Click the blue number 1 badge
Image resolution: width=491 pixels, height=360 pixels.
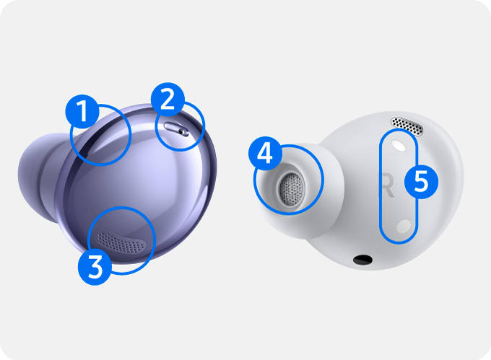(82, 111)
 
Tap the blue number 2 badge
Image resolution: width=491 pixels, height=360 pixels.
(168, 100)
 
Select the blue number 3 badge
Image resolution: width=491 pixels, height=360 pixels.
(95, 268)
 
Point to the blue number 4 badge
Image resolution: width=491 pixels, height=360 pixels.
(265, 154)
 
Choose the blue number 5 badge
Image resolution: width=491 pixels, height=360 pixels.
(421, 182)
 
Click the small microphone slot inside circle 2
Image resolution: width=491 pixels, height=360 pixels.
(177, 128)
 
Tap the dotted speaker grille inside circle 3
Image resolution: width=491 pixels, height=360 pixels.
(121, 241)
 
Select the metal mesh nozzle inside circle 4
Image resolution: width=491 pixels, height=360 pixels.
(292, 189)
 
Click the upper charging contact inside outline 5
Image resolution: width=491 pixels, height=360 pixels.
(399, 146)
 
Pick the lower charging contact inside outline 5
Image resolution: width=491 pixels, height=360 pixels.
(404, 226)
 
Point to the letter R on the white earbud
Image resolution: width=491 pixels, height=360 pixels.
(387, 185)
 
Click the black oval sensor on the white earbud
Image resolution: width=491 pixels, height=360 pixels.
(362, 260)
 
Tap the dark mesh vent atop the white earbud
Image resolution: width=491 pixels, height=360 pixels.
(407, 126)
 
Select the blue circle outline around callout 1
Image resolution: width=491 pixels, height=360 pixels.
(130, 135)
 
